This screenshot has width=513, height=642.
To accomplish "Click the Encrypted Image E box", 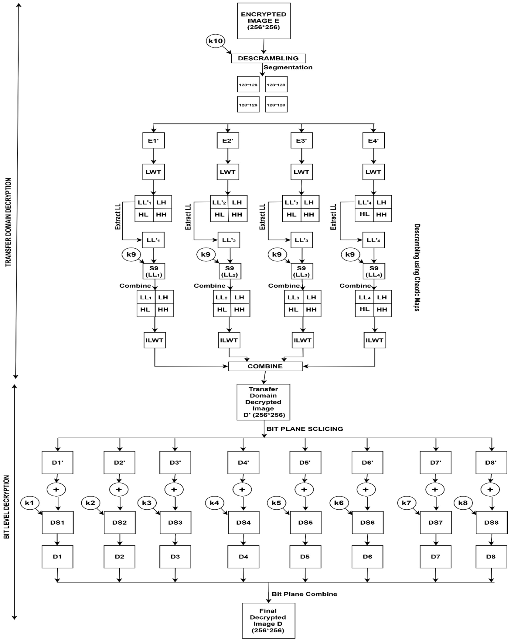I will point(264,21).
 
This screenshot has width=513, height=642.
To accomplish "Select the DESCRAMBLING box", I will point(268,58).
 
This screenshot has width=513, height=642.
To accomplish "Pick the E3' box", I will point(301,141).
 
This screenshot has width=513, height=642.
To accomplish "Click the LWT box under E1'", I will point(153,172).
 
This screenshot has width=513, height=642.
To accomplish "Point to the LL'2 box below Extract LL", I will point(229,240).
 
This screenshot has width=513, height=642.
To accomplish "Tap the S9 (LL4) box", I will point(374,271).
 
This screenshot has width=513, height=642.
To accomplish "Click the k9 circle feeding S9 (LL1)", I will point(131,254).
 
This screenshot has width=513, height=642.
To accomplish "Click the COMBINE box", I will point(265,366).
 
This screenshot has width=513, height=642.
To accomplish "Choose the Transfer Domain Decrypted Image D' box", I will point(263,402).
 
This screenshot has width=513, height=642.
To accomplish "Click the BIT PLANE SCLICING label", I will point(305,429).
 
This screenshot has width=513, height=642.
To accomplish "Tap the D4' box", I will point(243,462).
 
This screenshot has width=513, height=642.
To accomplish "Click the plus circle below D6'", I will point(366,490).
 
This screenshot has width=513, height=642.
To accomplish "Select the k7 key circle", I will point(406,503).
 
